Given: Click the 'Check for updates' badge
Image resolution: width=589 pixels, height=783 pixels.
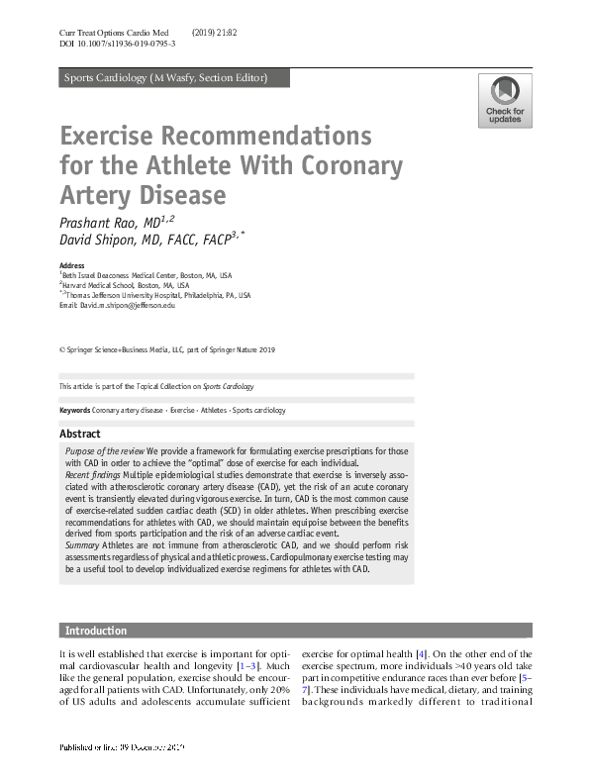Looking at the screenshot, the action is pyautogui.click(x=504, y=101).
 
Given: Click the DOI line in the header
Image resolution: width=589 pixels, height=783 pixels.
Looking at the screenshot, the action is pyautogui.click(x=118, y=46).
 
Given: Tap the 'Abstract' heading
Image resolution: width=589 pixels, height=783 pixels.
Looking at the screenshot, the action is pyautogui.click(x=80, y=434).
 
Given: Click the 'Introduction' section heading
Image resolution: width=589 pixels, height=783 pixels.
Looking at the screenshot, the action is pyautogui.click(x=96, y=631).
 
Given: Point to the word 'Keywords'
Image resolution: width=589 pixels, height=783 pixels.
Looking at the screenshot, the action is pyautogui.click(x=75, y=410).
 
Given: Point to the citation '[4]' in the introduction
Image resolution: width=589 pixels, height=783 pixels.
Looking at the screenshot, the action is pyautogui.click(x=421, y=654).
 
